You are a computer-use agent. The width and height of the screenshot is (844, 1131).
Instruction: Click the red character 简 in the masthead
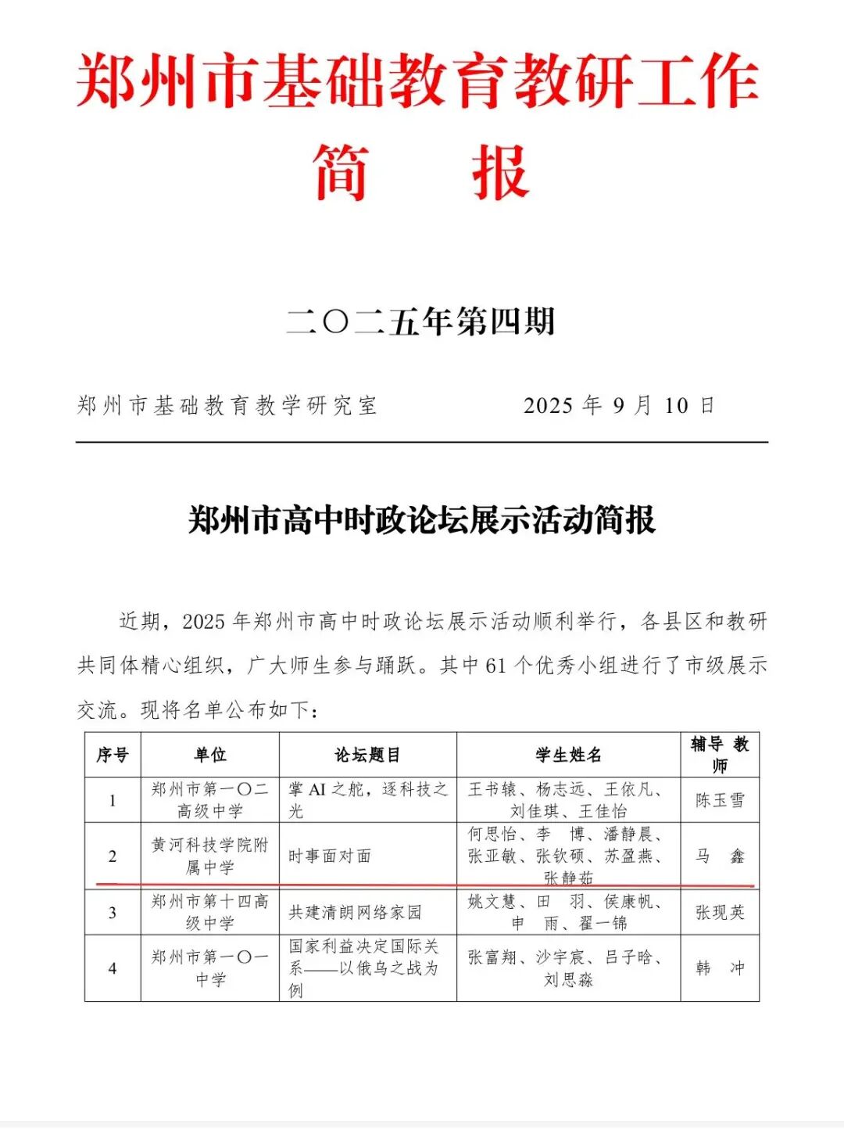(x=341, y=172)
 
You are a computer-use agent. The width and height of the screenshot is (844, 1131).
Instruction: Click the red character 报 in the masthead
(x=500, y=172)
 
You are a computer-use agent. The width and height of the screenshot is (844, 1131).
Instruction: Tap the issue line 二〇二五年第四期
(x=421, y=321)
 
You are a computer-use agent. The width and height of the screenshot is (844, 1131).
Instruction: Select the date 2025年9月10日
(x=619, y=405)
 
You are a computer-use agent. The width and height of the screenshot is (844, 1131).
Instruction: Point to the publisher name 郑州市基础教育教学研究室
(x=227, y=405)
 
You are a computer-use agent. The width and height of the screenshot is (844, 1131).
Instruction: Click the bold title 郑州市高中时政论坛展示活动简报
(x=421, y=520)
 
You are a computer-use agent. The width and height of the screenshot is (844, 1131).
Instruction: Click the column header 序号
(x=113, y=755)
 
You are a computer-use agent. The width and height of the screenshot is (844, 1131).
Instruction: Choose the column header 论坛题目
(x=367, y=755)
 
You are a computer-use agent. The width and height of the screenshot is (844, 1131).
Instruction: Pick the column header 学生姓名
(x=568, y=755)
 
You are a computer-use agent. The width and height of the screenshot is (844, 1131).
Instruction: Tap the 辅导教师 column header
(x=720, y=754)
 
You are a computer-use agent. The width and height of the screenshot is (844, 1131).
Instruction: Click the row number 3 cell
(x=113, y=912)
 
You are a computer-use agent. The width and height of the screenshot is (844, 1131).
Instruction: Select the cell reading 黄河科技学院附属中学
(x=209, y=856)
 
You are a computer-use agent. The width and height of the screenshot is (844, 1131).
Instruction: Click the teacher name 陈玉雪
(x=720, y=800)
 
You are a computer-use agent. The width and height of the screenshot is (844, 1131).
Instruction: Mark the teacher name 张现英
(x=720, y=912)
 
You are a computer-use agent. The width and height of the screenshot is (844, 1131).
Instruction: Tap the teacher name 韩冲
(x=720, y=968)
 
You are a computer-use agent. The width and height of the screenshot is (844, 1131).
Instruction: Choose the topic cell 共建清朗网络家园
(x=355, y=912)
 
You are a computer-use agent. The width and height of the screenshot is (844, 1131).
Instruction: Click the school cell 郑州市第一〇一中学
(x=209, y=968)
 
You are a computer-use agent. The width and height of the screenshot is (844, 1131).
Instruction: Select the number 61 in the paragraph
(x=495, y=666)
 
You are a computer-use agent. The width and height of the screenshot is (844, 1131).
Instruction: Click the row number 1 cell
(x=113, y=800)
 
